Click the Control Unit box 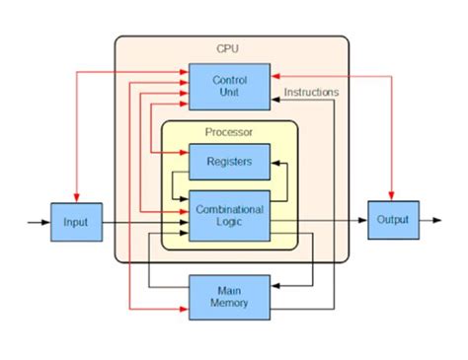229,86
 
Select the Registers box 229,161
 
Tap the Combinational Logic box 229,216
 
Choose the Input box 75,223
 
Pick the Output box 392,220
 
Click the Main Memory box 229,297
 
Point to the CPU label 228,49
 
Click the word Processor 229,132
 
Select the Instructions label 311,93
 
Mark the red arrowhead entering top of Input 75,198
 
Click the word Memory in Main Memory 229,304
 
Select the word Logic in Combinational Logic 229,223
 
